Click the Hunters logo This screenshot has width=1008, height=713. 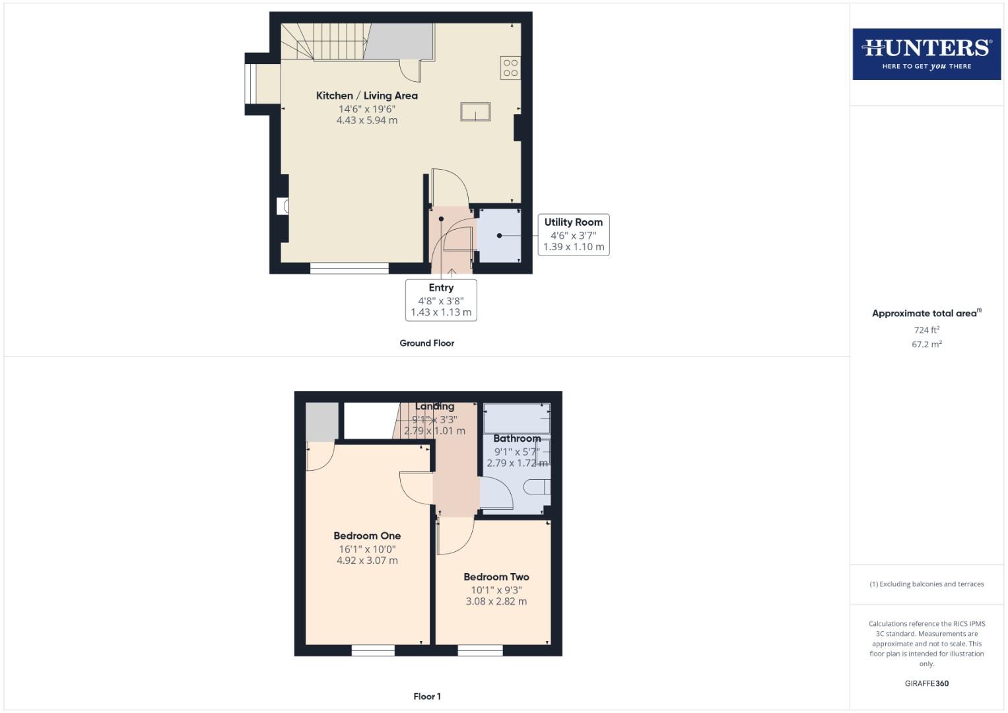[926, 53]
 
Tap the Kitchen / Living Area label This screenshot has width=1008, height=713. [366, 96]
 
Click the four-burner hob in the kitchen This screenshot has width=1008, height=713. [510, 68]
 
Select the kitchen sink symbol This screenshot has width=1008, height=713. [475, 112]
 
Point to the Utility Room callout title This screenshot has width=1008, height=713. [573, 222]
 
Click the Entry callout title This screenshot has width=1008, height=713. [441, 288]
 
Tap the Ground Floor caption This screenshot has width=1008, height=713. [426, 343]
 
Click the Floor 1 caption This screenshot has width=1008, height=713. [426, 696]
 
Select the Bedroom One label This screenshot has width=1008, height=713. [367, 536]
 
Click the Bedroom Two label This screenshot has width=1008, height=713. [496, 577]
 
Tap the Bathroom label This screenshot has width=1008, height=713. [517, 438]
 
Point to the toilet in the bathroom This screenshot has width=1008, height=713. [538, 488]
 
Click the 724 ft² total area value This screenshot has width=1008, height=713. [926, 329]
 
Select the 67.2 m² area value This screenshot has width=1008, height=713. [926, 344]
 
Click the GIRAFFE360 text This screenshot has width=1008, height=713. [926, 683]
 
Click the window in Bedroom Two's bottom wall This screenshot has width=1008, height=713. [480, 650]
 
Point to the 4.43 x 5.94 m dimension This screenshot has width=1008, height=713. [366, 120]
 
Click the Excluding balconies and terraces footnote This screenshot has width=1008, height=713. [926, 584]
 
